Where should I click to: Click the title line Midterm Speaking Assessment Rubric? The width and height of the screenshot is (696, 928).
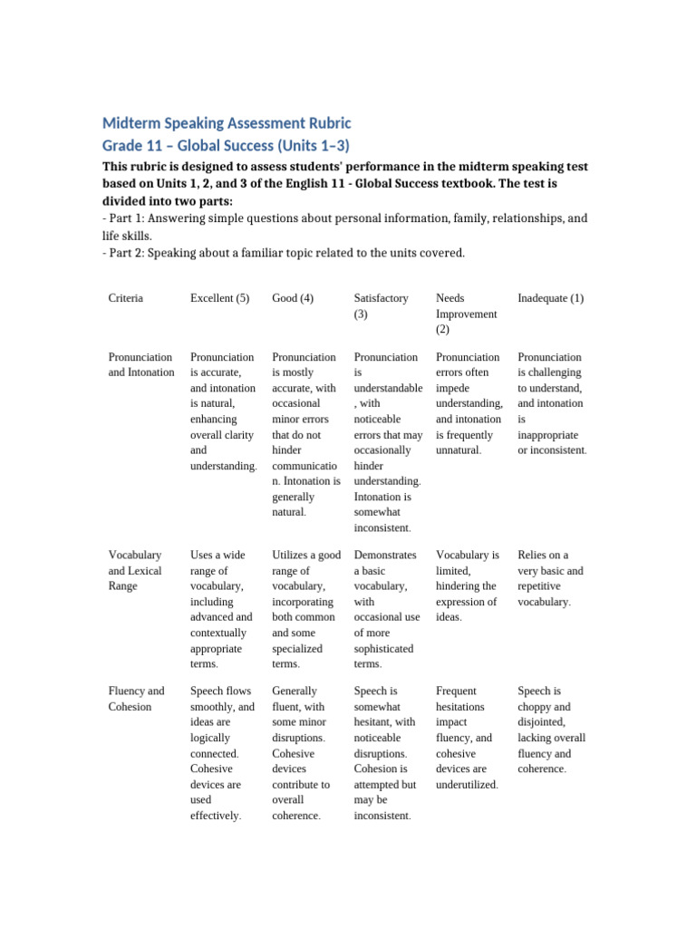click(226, 122)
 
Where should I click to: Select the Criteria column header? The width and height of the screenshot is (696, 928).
click(125, 298)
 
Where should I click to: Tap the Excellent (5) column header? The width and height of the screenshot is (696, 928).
click(219, 298)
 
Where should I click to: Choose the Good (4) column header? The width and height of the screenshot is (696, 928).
click(293, 298)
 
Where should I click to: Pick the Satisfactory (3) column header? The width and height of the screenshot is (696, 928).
click(381, 305)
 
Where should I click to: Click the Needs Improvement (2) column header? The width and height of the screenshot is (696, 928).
click(466, 314)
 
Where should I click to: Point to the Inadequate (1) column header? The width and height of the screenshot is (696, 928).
click(550, 298)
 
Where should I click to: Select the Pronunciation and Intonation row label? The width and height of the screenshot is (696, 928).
click(141, 364)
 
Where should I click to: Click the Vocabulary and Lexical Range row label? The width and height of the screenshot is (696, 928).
click(135, 570)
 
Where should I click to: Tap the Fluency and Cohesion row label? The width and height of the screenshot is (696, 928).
click(136, 699)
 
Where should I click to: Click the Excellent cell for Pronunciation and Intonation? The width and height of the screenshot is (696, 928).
click(223, 411)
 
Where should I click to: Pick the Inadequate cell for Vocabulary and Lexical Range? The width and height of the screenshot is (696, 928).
click(550, 578)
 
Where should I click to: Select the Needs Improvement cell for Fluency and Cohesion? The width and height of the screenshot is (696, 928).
click(469, 738)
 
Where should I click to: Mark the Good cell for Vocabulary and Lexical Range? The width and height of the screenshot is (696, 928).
click(305, 609)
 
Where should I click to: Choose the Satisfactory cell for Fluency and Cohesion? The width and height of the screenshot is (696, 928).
click(385, 753)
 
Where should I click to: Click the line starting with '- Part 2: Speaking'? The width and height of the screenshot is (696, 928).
click(284, 253)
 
